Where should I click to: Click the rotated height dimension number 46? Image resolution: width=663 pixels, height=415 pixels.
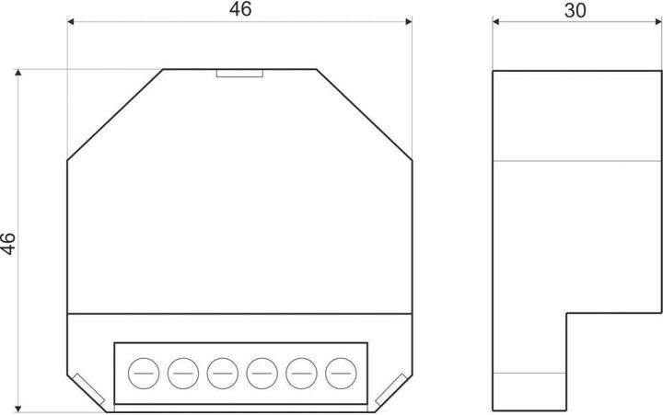click(7, 243)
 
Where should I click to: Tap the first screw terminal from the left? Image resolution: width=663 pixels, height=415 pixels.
click(141, 373)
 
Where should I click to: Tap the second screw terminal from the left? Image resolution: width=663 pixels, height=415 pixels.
click(181, 373)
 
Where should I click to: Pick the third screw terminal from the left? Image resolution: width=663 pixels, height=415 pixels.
click(221, 373)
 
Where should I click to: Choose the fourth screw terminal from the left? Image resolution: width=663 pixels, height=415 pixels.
click(262, 373)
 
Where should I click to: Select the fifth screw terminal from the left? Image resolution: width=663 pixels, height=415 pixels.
click(301, 373)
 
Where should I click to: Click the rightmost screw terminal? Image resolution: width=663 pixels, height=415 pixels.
click(342, 373)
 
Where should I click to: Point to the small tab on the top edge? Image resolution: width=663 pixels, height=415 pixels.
click(239, 73)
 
